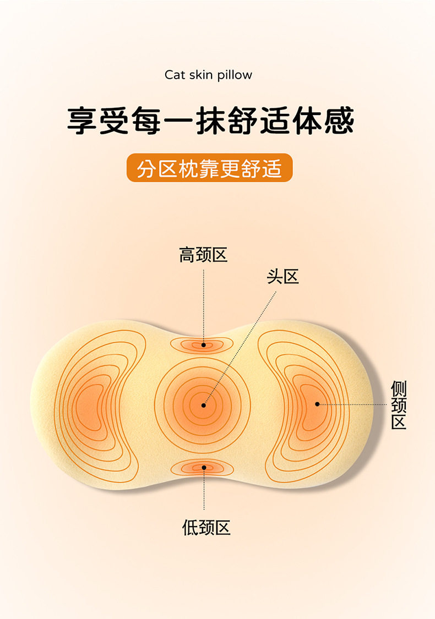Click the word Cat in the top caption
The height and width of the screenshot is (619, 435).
(175, 75)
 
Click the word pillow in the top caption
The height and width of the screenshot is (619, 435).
(235, 75)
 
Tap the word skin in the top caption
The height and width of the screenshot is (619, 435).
(201, 75)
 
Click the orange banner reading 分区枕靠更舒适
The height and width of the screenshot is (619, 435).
(209, 168)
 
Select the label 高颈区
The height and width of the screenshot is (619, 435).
(203, 255)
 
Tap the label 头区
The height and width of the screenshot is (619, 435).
(282, 276)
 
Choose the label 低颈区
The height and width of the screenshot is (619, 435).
(206, 528)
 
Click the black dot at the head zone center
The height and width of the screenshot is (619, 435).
(204, 405)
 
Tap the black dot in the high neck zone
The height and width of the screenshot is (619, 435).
(204, 345)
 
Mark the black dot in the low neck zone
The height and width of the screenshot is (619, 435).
(204, 468)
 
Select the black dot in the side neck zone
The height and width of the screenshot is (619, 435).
(317, 404)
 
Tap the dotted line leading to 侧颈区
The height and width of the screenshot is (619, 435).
(352, 404)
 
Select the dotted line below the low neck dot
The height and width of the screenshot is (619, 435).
(204, 495)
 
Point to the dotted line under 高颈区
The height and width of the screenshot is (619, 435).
(203, 303)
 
